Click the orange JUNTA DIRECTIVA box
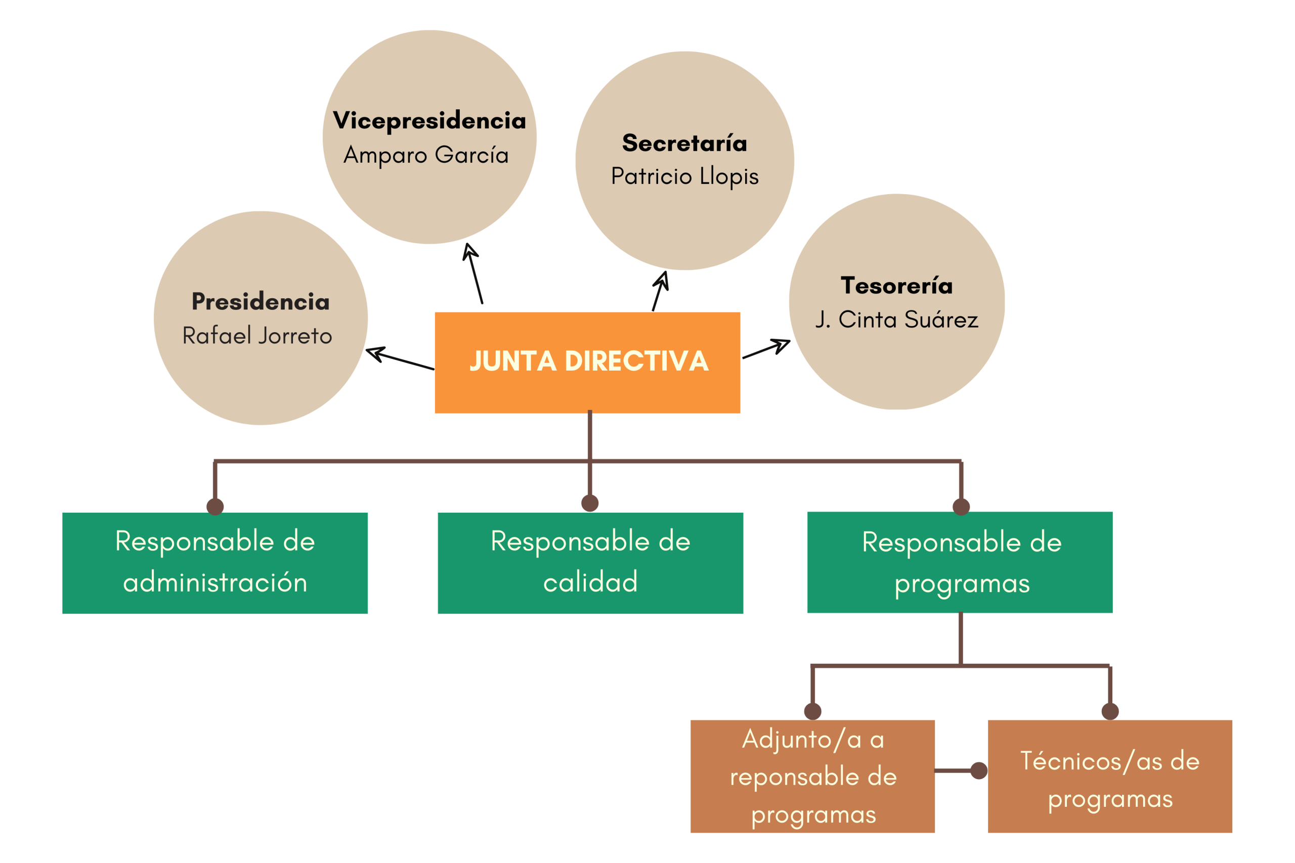[x=587, y=362]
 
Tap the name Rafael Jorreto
[x=257, y=336]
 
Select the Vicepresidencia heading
[x=429, y=120]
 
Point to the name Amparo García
[x=426, y=155]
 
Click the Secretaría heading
[x=684, y=143]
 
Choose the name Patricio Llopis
[x=684, y=176]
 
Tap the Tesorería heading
[x=896, y=286]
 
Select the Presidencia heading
[x=261, y=302]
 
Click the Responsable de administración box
[x=214, y=563]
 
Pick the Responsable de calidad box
[x=590, y=563]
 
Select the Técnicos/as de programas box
[x=1109, y=776]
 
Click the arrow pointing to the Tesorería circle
[x=766, y=349]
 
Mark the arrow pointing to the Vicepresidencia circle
[x=473, y=274]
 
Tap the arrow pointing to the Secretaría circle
[x=660, y=292]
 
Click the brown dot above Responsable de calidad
[x=590, y=503]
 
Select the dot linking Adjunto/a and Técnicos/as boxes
[x=978, y=770]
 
